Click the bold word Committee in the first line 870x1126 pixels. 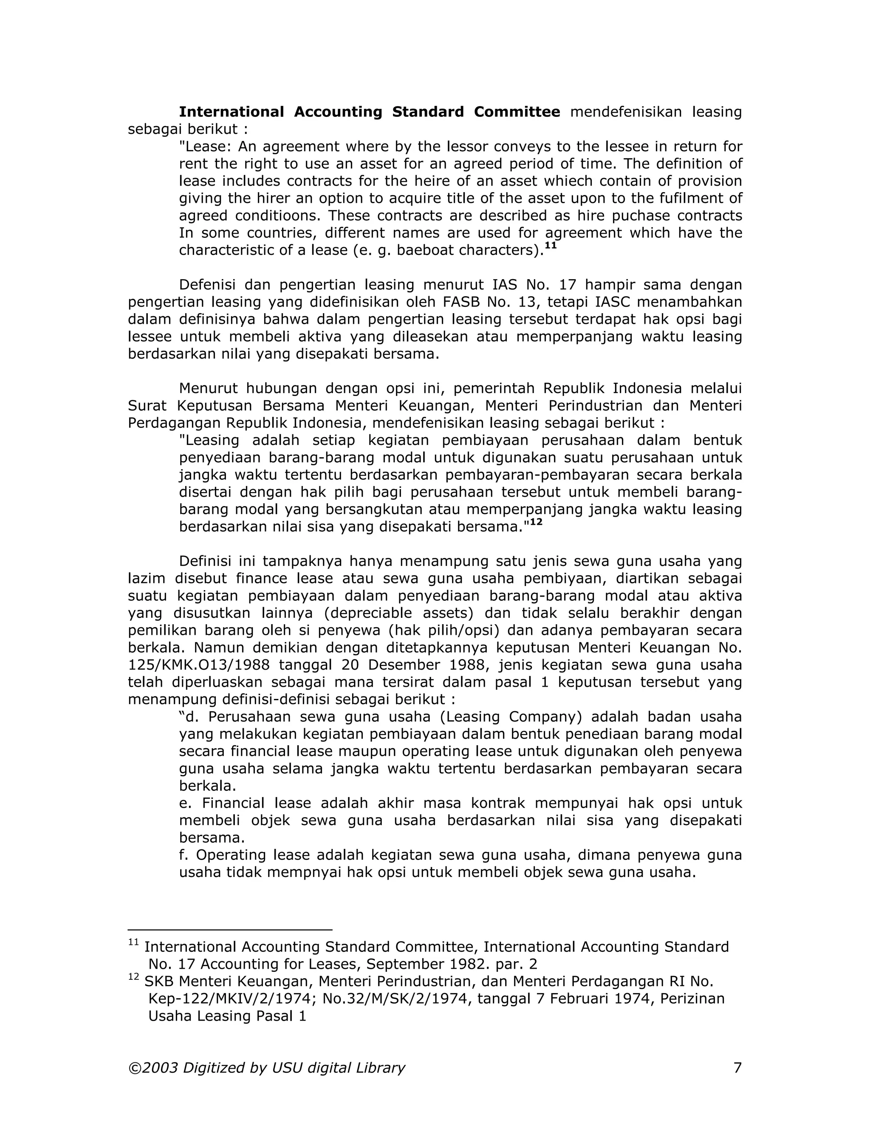tap(517, 112)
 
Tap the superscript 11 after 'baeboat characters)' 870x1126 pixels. tap(551, 246)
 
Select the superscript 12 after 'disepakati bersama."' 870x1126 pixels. tap(536, 522)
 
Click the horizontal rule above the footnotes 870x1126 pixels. tap(230, 930)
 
